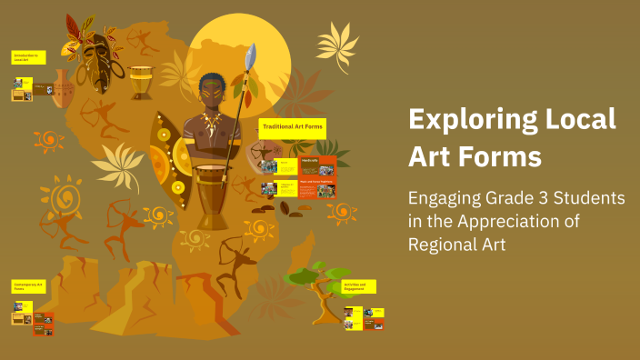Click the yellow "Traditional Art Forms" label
click(293, 128)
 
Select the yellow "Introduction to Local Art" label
click(26, 57)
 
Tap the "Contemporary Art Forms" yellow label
click(26, 287)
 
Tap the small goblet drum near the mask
click(141, 82)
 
